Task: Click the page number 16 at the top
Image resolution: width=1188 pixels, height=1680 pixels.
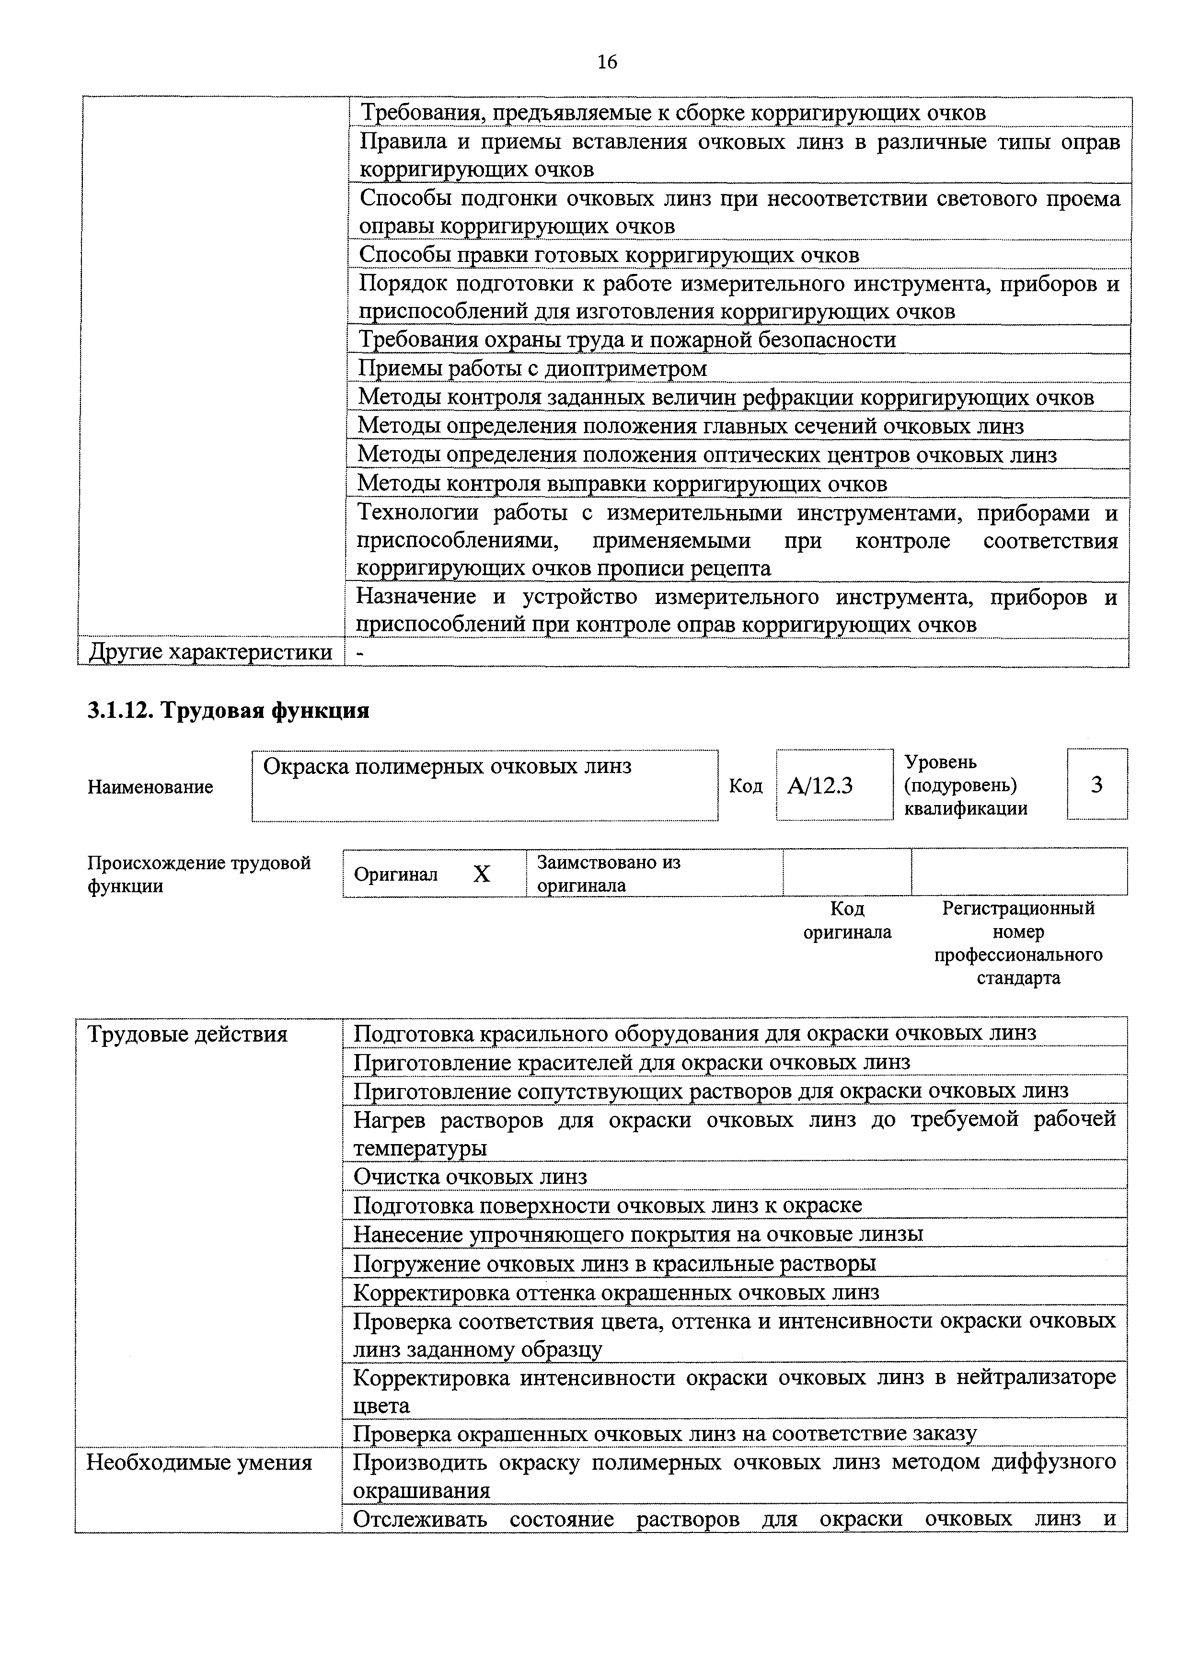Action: point(607,62)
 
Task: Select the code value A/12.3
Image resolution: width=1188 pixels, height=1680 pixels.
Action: point(820,786)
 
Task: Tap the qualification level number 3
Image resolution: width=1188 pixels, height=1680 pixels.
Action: point(1096,784)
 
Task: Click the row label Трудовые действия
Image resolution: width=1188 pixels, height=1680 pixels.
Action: point(187,1034)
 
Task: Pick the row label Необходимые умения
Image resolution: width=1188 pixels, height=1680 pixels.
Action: point(199,1463)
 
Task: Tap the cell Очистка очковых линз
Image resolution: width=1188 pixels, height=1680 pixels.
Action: point(470,1177)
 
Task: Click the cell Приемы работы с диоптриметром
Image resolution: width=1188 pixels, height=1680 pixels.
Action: point(532,368)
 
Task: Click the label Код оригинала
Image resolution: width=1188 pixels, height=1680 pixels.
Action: point(847,920)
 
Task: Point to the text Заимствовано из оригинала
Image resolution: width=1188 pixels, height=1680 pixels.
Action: point(608,874)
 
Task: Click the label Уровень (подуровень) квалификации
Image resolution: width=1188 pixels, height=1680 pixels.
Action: point(966,785)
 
